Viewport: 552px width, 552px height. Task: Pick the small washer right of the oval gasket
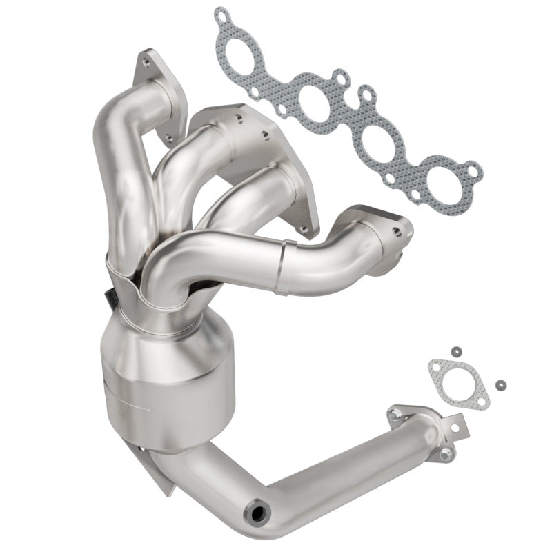click(499, 384)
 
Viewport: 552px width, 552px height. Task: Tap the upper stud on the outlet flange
click(396, 415)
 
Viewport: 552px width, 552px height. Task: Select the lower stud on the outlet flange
click(446, 453)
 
